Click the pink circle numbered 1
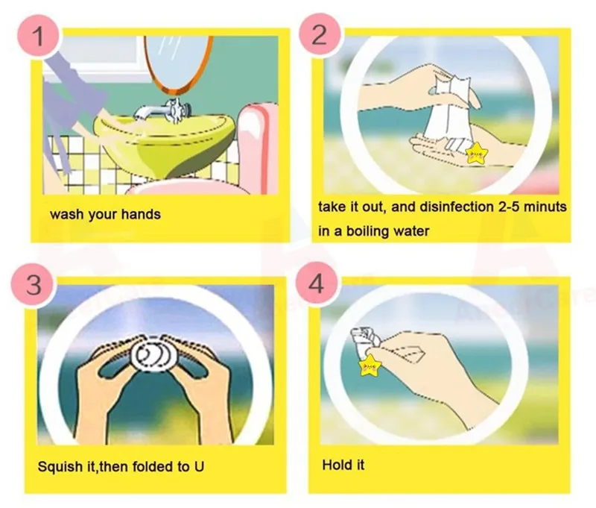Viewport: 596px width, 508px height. pos(39,36)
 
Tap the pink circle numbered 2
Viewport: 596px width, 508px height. pos(320,36)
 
